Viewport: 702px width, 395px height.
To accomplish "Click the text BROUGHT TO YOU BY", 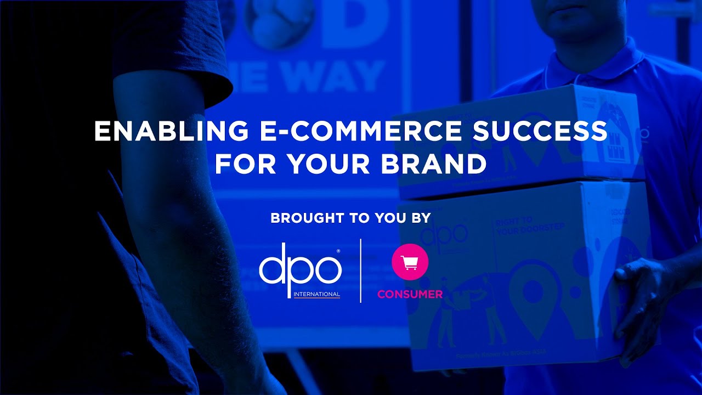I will coord(350,218).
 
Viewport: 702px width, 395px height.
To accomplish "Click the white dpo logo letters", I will coord(300,269).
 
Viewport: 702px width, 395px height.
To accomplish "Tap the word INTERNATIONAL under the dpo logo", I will coord(316,294).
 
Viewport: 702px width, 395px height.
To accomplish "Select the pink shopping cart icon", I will coord(410,263).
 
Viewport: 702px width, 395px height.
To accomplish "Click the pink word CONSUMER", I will coord(410,294).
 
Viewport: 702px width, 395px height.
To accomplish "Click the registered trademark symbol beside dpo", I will coord(338,251).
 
